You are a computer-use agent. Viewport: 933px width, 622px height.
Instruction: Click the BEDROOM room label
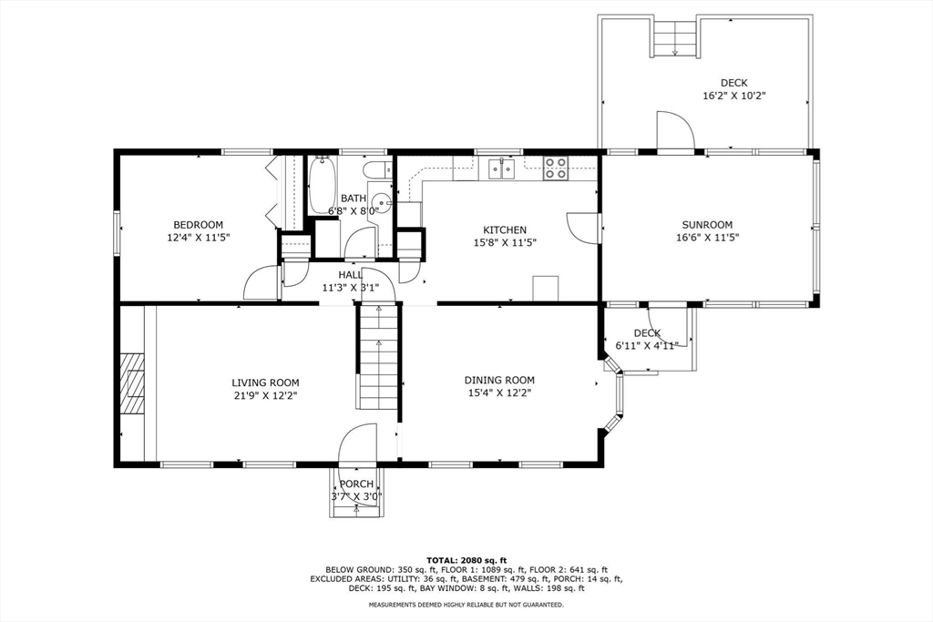pos(198,225)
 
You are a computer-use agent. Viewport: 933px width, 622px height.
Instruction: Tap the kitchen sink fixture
pos(502,168)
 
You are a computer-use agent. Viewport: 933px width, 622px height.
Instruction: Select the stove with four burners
pos(556,168)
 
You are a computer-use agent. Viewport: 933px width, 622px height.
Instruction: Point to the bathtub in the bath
pos(323,186)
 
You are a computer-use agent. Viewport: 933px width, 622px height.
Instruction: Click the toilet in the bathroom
pos(376,169)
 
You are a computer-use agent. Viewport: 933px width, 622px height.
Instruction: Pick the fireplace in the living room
pos(132,383)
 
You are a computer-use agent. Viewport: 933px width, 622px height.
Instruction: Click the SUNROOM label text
pos(707,225)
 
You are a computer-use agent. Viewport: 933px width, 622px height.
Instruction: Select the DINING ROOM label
pos(499,380)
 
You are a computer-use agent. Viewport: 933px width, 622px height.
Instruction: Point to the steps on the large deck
pos(675,38)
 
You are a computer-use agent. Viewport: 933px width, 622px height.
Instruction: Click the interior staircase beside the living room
pos(378,356)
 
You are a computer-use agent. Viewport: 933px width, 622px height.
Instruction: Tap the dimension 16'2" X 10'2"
pos(733,96)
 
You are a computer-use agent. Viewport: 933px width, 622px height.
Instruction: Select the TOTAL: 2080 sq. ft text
pos(466,560)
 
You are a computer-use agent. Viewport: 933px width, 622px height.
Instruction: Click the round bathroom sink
pos(381,202)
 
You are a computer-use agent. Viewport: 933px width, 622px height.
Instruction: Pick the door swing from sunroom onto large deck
pos(675,131)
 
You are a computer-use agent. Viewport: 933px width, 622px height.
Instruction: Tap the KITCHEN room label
pos(504,230)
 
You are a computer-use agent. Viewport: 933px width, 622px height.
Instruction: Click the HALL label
pos(351,275)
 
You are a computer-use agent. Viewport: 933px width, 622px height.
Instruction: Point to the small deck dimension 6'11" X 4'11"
pos(647,345)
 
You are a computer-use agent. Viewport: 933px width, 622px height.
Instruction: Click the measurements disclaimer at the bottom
pos(466,605)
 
